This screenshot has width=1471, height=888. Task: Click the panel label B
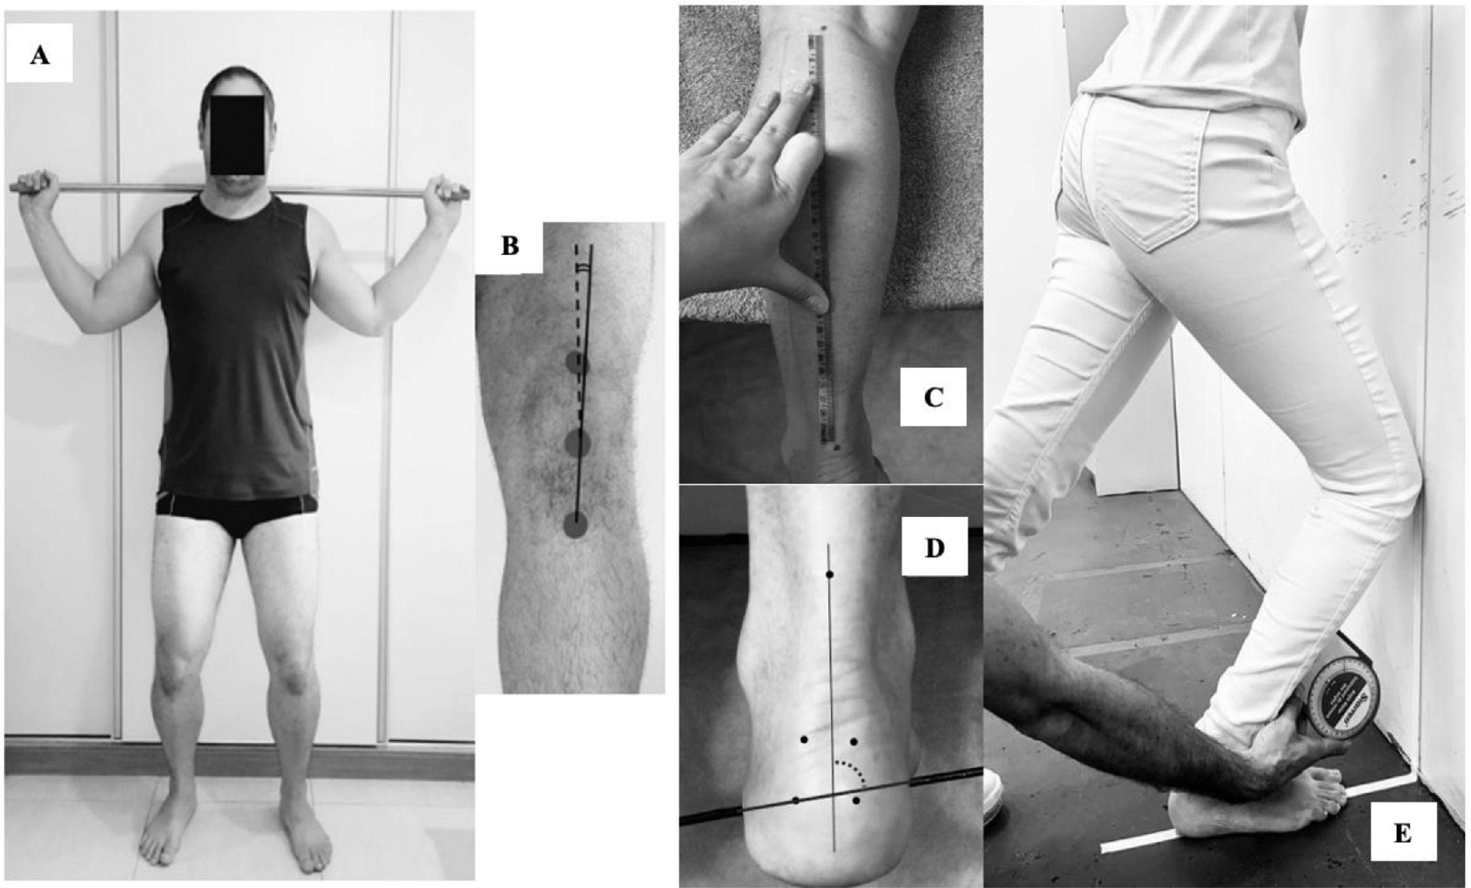coord(509,247)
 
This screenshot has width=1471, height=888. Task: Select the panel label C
coord(933,397)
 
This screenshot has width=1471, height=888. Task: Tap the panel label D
coord(934,548)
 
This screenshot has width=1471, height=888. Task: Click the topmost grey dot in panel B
coord(577,362)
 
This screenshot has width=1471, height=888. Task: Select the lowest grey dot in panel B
coord(575,525)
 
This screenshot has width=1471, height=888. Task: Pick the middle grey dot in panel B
coord(578,442)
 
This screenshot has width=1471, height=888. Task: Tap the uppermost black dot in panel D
coord(829,575)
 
